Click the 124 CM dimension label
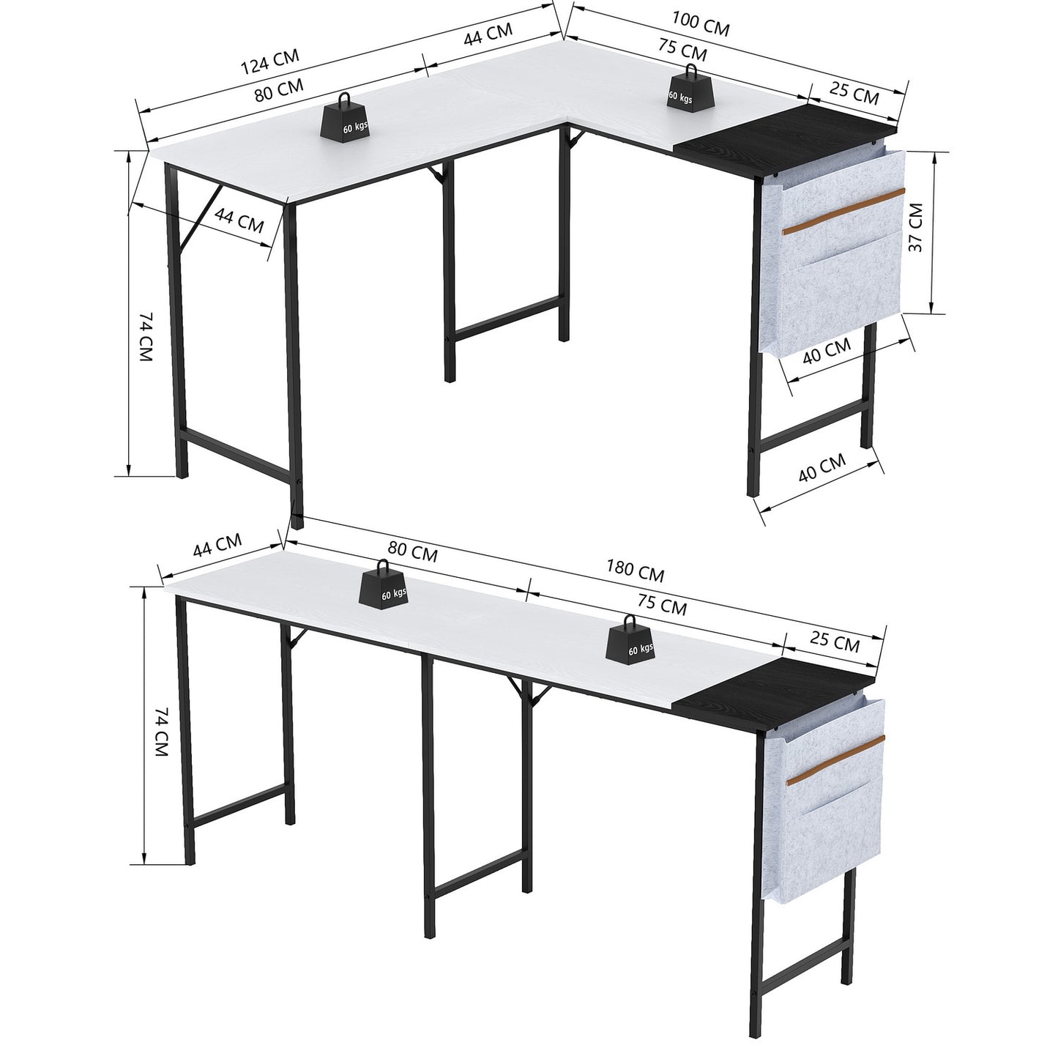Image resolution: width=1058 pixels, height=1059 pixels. coord(270,61)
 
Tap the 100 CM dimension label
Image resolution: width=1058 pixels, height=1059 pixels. coord(701,25)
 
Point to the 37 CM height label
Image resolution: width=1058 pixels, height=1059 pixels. coord(916,227)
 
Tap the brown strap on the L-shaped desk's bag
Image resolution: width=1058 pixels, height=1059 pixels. coord(843,212)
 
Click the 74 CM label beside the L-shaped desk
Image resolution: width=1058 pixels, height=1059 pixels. coord(145,336)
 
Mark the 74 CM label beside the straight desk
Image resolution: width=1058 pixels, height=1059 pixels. coord(160,732)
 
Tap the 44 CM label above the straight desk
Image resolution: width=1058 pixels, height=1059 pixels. coord(217,545)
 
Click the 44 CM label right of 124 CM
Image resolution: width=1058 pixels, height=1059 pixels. coord(488,34)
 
